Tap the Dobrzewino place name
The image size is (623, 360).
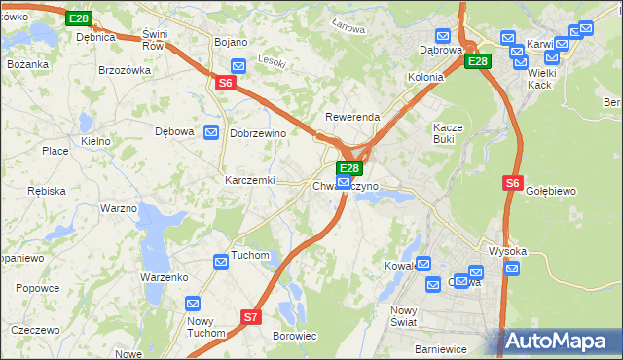257,133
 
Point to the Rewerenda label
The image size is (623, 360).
352,117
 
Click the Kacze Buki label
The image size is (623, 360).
451,133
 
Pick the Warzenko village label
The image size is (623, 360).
164,277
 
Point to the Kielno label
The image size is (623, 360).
95,141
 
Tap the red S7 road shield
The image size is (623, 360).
251,316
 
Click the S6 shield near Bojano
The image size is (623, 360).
225,84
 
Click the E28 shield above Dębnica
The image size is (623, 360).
79,18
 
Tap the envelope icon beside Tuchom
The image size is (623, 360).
221,260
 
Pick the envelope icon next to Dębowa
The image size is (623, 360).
210,132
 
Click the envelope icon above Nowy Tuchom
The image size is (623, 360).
193,304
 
